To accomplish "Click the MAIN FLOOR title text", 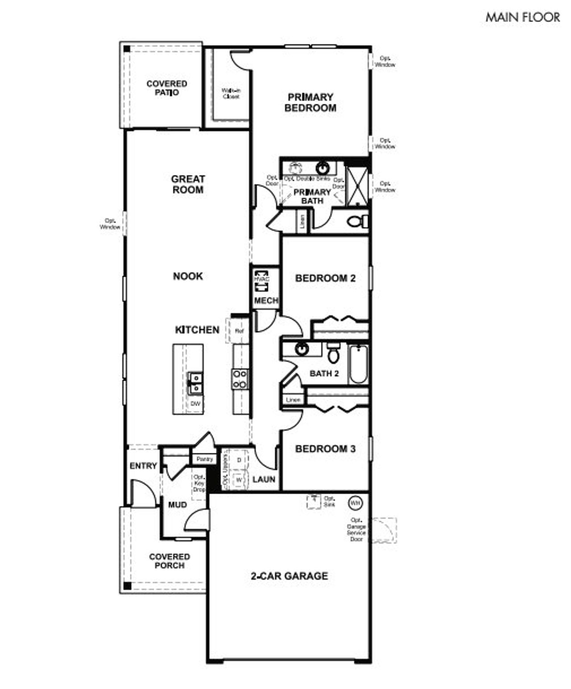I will [522, 17].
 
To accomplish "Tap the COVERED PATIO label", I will [167, 88].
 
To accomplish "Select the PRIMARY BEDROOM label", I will [310, 102].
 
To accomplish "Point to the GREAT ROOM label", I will [188, 184].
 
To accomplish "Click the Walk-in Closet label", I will [231, 93].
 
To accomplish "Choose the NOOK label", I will [188, 276].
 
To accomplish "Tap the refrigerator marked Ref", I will [239, 331].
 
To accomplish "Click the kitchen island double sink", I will [195, 384].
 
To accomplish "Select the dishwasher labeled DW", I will [195, 404].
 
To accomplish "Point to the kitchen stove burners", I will [240, 379].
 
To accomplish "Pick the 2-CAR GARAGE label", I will [289, 576].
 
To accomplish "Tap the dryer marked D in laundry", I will [239, 460].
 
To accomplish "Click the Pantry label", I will [205, 459].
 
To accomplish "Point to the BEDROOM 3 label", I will [325, 449].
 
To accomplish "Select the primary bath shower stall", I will [358, 186].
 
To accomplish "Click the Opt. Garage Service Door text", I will [356, 529].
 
